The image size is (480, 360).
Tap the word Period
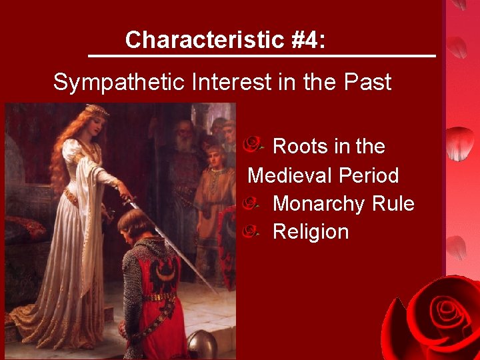(369, 175)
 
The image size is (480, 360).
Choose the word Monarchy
(319, 203)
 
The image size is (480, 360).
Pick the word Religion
(311, 232)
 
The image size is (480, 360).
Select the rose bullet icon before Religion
(251, 231)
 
